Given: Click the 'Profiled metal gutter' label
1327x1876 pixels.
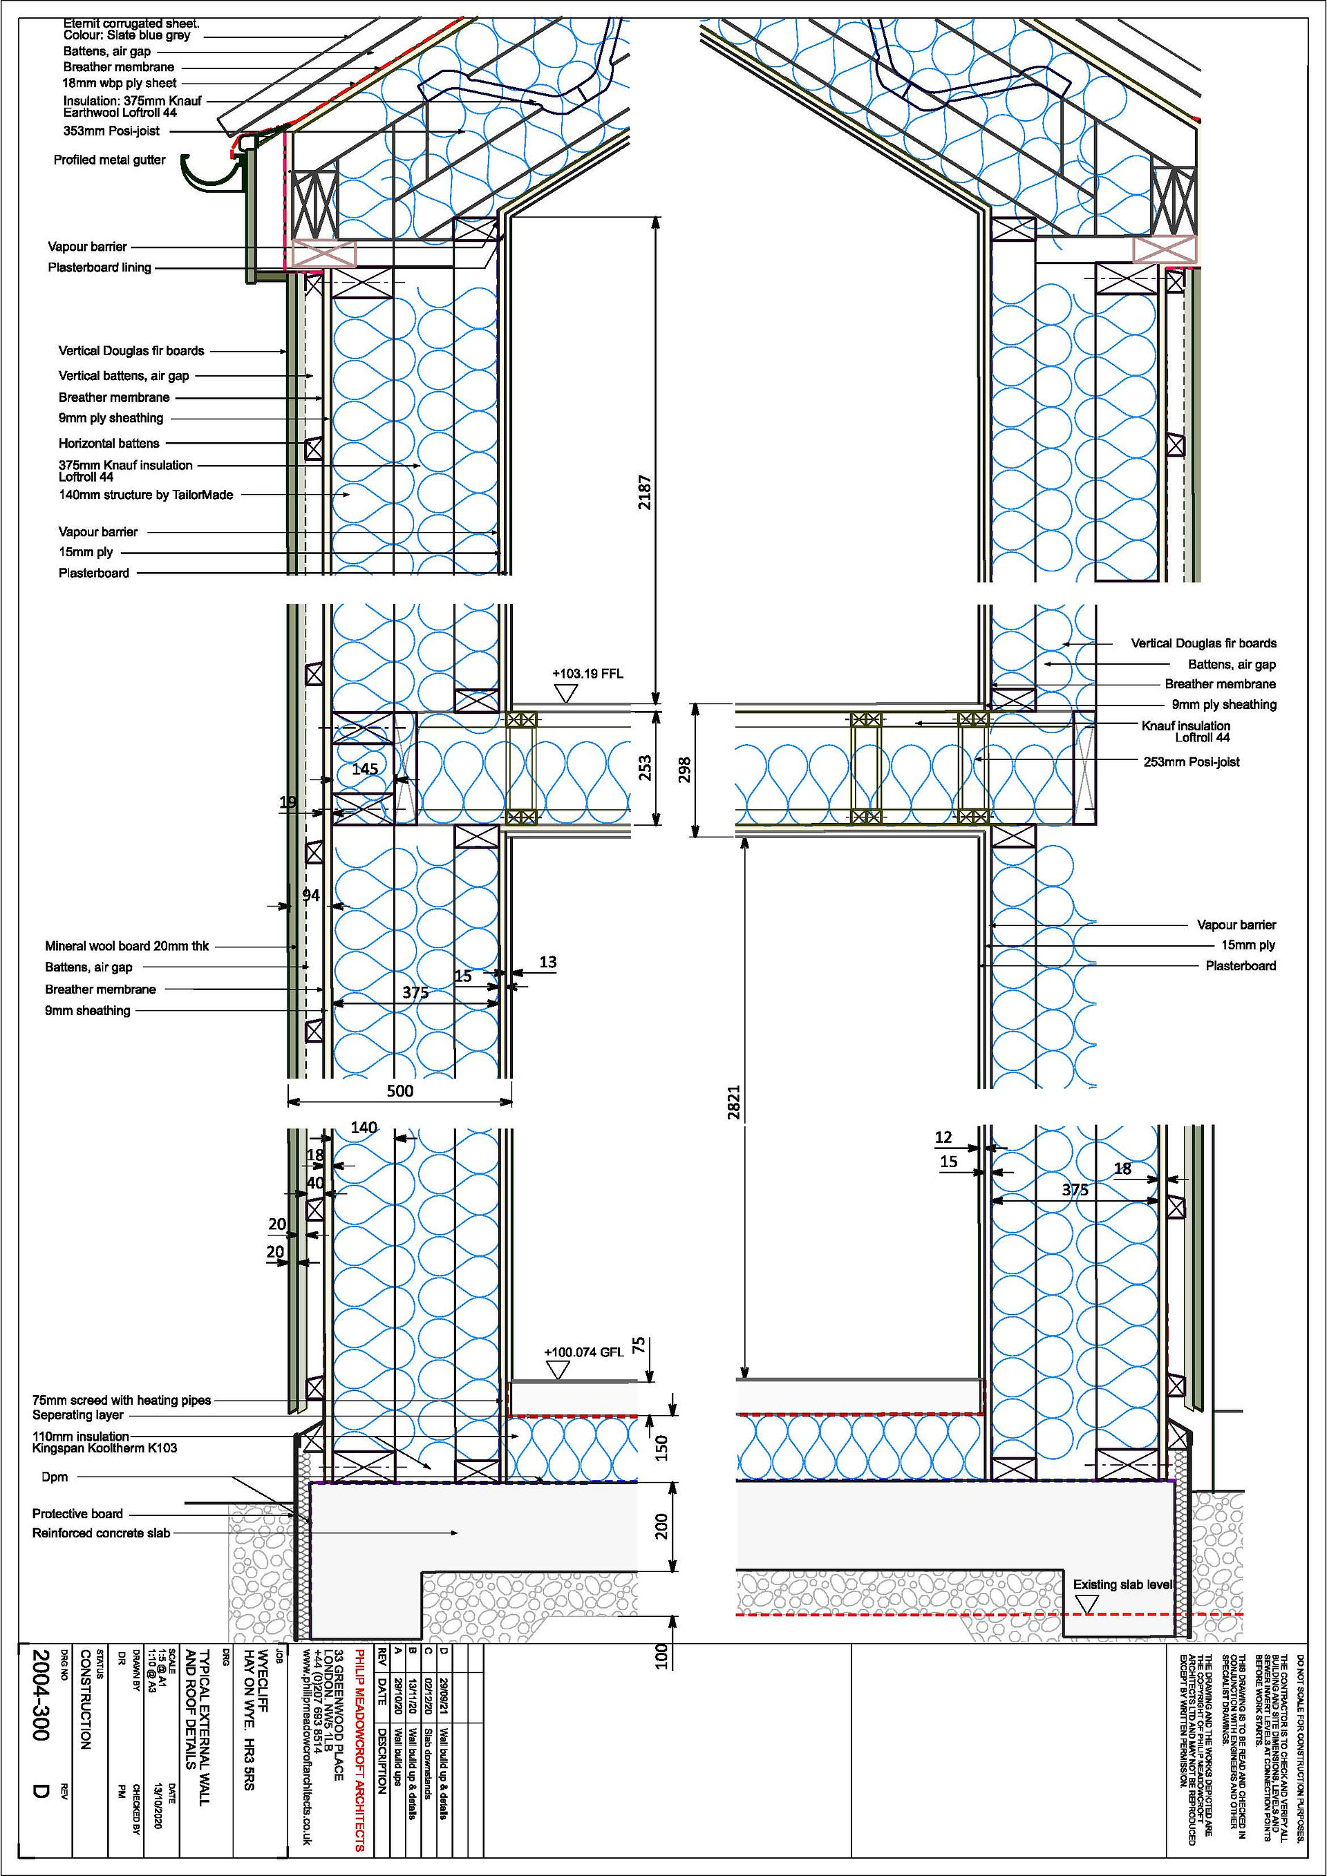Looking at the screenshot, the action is (x=109, y=160).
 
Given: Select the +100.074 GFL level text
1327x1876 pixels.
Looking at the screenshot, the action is (x=584, y=1352).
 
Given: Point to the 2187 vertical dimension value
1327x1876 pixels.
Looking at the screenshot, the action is (x=645, y=492).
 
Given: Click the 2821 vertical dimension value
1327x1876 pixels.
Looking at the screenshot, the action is (x=734, y=1102).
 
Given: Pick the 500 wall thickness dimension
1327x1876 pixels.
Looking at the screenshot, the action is (x=399, y=1091).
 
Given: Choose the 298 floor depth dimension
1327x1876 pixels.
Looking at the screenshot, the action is (x=685, y=770).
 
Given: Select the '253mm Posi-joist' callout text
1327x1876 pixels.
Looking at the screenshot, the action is (x=1192, y=761).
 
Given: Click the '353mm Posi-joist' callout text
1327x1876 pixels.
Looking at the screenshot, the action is (x=112, y=131).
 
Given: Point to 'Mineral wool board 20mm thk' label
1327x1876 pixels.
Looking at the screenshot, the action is (x=126, y=946).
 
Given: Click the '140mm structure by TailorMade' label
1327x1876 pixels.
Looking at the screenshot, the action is (x=147, y=494).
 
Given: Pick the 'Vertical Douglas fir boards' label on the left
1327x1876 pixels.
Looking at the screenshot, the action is (x=131, y=350).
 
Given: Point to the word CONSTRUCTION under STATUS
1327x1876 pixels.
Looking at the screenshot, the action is (x=86, y=1700).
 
